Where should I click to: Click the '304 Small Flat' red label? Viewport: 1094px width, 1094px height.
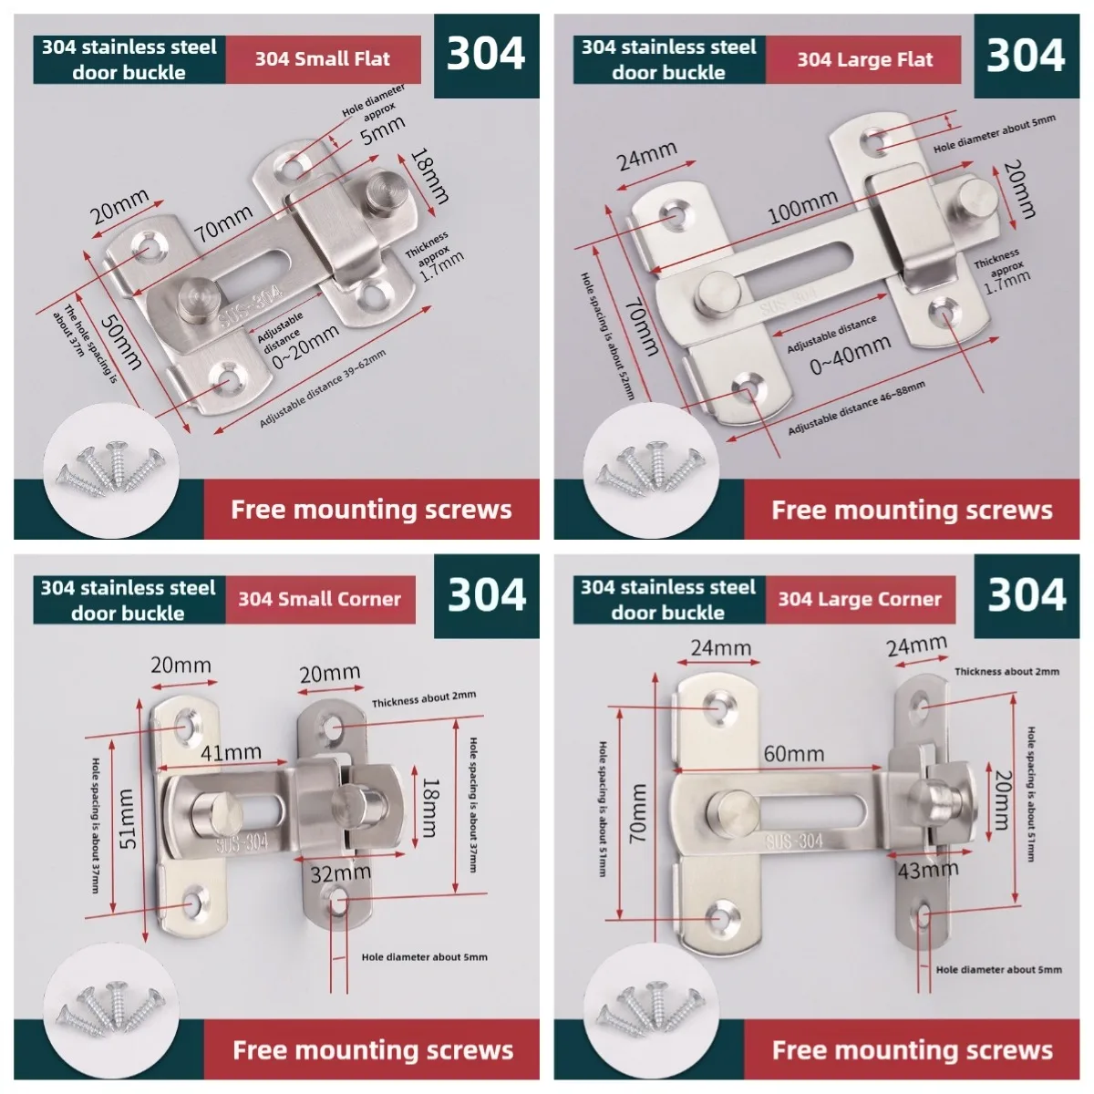click(x=323, y=59)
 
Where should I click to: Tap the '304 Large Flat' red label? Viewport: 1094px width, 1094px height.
click(x=863, y=59)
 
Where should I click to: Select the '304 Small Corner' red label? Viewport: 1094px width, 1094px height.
click(x=320, y=600)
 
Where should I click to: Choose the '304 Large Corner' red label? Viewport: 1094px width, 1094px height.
click(x=860, y=600)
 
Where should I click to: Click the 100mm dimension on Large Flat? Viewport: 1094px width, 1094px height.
click(x=802, y=207)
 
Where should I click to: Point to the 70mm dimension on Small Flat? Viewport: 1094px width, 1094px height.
click(x=223, y=222)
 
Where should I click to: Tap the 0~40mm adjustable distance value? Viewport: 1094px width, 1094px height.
click(x=850, y=355)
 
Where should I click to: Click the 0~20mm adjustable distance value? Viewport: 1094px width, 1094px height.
click(x=305, y=346)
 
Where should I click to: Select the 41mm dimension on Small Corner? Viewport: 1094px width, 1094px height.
click(x=231, y=753)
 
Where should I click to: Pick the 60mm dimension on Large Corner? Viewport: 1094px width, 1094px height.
click(x=794, y=754)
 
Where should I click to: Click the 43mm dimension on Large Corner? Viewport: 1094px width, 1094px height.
click(x=928, y=869)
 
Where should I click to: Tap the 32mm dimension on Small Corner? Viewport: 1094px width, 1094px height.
click(x=341, y=873)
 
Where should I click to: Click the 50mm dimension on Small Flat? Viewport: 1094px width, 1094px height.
click(x=121, y=343)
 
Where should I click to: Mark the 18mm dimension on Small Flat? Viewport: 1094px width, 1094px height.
click(x=429, y=176)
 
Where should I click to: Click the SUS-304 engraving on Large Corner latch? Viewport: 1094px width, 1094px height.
click(x=794, y=841)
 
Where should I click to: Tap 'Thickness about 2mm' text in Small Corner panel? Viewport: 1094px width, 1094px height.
click(x=424, y=699)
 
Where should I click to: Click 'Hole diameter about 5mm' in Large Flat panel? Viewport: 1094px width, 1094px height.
click(x=994, y=133)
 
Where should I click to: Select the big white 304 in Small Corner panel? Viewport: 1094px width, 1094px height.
click(x=487, y=595)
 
